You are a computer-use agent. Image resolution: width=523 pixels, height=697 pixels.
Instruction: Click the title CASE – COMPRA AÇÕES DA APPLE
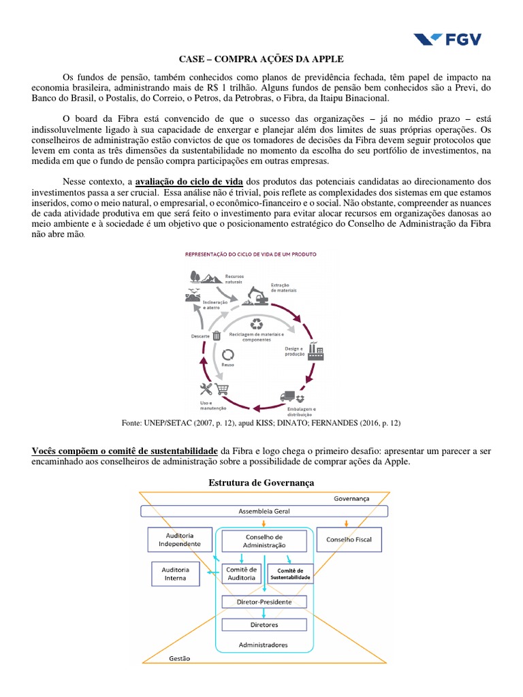pos(261,59)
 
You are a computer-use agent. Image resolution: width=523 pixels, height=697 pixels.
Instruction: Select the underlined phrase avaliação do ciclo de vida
pos(189,182)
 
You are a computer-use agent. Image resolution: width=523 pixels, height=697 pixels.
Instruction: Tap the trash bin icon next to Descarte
pos(217,335)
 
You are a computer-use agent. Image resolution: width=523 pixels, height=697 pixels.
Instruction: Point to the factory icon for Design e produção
pos(315,352)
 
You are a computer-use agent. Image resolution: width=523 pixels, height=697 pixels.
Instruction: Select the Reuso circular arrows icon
pos(227,354)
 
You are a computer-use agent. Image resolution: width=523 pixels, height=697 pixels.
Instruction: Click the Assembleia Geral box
pos(262,510)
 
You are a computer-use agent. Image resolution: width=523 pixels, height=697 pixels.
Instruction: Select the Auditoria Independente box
pos(176,540)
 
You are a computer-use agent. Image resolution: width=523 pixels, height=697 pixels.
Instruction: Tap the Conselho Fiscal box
pos(349,540)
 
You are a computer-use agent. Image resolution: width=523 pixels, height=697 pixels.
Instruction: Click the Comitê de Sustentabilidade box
pos(291,573)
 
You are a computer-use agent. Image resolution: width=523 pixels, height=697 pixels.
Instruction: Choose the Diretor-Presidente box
pos(264,602)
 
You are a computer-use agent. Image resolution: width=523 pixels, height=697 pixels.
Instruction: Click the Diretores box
pos(264,624)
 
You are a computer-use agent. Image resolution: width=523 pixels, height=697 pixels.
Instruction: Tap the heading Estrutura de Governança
pos(261,483)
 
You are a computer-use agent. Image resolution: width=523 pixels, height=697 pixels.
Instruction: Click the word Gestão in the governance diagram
pos(180,659)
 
